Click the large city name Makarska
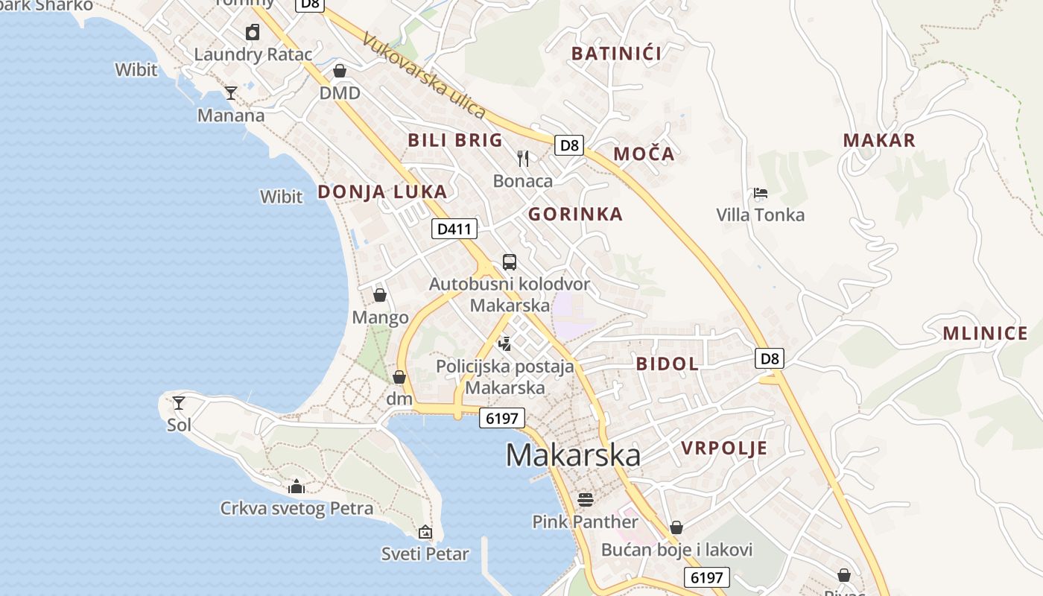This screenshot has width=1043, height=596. pos(573,455)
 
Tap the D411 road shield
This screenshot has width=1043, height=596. pos(454,229)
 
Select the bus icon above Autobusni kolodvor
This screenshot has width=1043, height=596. pos(510,261)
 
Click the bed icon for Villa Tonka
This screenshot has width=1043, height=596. pos(760,193)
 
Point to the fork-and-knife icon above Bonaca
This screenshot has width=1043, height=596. pos(523,158)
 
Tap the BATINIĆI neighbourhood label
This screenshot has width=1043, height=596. pos(616,53)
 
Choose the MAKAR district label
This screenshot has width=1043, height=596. pos(879,140)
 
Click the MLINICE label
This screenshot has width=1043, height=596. pos(985,333)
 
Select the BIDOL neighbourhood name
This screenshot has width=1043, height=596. pos(667,364)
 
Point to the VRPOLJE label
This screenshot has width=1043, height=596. pos(724,448)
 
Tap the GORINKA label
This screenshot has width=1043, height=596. pos(575,215)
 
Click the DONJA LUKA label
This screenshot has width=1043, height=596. pos(382,191)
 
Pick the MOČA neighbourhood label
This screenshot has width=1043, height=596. pos(644,154)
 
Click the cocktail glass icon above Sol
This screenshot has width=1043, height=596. pos(179,403)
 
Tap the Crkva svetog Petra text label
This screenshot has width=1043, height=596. pos(297,509)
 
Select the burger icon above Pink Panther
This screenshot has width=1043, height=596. pos(586,498)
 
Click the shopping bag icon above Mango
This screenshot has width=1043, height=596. pos(380,295)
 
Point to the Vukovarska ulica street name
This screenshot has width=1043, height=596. pos(424,74)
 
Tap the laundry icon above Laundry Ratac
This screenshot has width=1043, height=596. pos(253,32)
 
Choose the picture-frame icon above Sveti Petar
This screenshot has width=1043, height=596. pos(425,532)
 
